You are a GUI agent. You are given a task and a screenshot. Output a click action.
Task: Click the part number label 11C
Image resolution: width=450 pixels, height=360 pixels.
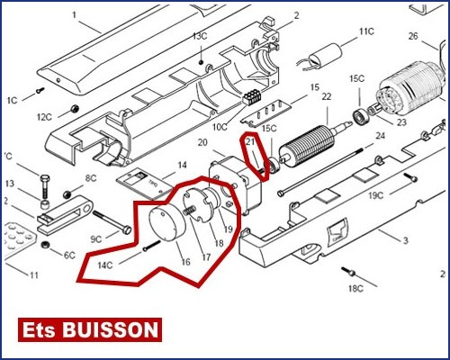(366, 31)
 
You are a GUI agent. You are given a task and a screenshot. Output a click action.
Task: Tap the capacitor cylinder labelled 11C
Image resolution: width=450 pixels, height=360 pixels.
(326, 56)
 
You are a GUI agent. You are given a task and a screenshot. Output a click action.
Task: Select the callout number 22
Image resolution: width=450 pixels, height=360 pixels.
(327, 96)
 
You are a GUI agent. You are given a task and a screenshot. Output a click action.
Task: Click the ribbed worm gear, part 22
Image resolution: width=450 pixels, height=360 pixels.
(309, 145)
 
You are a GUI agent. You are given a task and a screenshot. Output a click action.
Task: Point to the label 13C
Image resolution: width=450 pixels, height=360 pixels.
(200, 36)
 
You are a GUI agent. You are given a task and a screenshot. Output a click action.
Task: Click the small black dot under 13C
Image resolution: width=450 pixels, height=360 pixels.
(202, 62)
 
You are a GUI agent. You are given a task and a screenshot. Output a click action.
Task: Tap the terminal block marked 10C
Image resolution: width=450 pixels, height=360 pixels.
(252, 97)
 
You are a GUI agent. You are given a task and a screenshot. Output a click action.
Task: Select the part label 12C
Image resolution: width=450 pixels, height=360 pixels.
(44, 117)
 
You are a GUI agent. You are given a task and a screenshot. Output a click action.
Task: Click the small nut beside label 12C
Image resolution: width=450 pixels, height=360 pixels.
(73, 108)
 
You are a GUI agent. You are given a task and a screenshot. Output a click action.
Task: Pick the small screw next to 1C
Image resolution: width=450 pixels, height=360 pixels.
(40, 90)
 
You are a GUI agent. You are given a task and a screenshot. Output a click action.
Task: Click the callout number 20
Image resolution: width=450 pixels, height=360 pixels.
(202, 142)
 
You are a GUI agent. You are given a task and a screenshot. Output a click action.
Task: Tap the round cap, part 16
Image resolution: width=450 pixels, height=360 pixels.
(167, 222)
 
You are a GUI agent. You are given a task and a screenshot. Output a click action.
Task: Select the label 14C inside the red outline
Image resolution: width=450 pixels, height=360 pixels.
(105, 265)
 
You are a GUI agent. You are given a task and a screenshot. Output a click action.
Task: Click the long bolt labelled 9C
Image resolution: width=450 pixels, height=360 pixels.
(112, 222)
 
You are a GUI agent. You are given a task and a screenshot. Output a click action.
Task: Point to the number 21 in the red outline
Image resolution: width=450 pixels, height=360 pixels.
(251, 141)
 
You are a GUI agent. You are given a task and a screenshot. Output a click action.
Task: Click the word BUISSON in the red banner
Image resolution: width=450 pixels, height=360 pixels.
(110, 330)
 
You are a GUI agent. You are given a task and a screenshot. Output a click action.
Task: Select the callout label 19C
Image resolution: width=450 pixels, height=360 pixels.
(376, 195)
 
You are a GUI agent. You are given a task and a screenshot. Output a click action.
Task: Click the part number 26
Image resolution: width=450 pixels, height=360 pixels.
(413, 36)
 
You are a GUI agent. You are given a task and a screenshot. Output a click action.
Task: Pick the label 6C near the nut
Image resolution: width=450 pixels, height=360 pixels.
(69, 256)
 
